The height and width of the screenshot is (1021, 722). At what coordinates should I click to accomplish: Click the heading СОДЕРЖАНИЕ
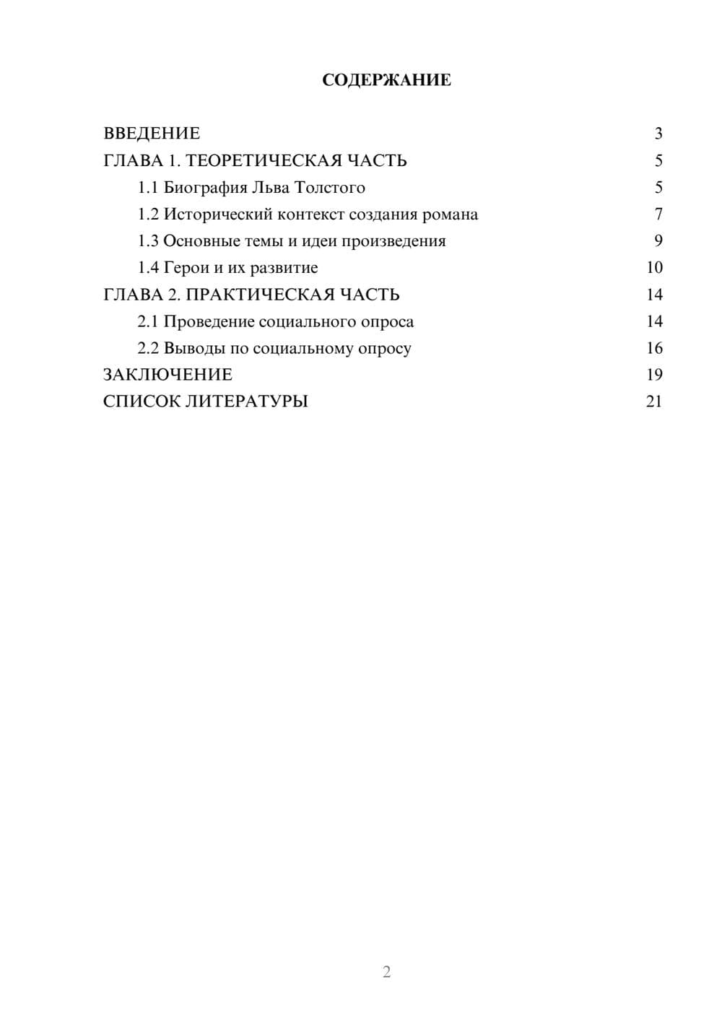[x=386, y=80]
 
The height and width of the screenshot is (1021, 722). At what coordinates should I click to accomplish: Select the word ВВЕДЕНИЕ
[x=152, y=134]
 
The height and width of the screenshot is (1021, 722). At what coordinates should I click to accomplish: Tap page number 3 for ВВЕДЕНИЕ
[x=658, y=134]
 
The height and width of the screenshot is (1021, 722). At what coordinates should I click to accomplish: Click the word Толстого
[x=330, y=188]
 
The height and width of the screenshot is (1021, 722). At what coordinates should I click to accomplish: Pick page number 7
[x=658, y=214]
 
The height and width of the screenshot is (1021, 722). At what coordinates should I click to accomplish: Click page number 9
[x=658, y=241]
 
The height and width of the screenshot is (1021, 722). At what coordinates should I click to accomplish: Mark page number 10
[x=654, y=268]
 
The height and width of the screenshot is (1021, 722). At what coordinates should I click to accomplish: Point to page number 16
[x=654, y=348]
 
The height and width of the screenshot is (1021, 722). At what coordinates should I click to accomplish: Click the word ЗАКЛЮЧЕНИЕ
[x=168, y=375]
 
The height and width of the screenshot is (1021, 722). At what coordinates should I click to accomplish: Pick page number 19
[x=654, y=375]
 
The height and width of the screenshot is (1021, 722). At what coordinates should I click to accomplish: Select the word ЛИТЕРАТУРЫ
[x=247, y=401]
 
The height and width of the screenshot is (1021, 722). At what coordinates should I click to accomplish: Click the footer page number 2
[x=386, y=972]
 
